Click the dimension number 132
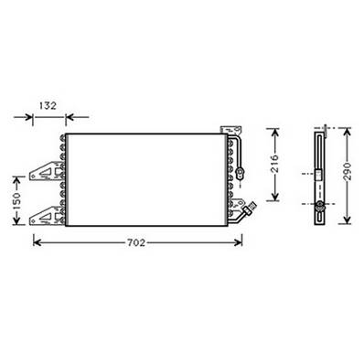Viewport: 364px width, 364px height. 50,106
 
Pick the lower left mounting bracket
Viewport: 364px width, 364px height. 44,216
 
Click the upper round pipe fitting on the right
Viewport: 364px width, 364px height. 241,169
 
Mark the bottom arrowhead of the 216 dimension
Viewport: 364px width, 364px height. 276,199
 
